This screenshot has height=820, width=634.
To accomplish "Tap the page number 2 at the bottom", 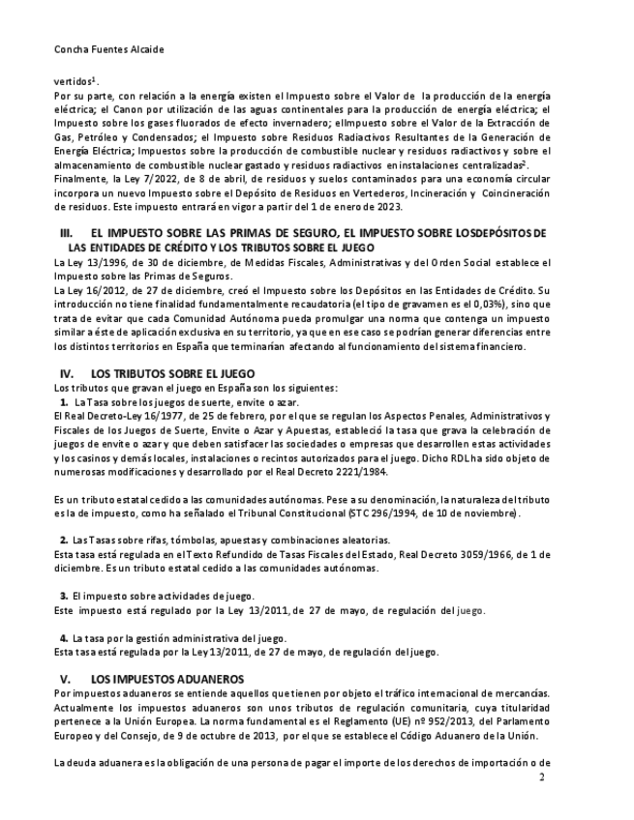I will point(542,776).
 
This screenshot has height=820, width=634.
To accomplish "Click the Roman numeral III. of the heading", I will point(67,234).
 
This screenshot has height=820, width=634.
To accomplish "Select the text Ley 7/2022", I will point(140,179).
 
